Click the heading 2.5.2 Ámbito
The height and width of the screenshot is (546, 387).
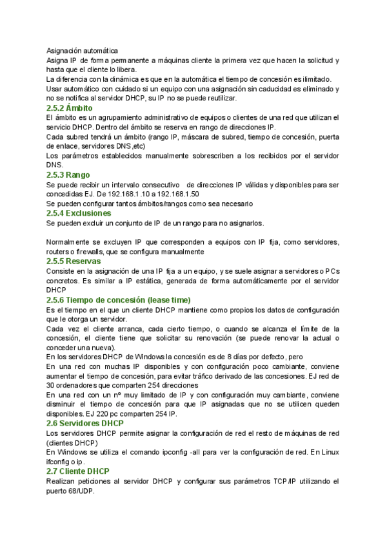tap(70, 108)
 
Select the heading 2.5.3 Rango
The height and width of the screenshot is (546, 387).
tap(68, 174)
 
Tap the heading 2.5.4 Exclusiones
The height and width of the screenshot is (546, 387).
tap(79, 213)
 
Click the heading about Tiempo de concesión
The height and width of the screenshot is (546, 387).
tap(119, 300)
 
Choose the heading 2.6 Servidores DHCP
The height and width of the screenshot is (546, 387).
tap(85, 423)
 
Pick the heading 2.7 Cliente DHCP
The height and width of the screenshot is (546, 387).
tap(76, 472)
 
